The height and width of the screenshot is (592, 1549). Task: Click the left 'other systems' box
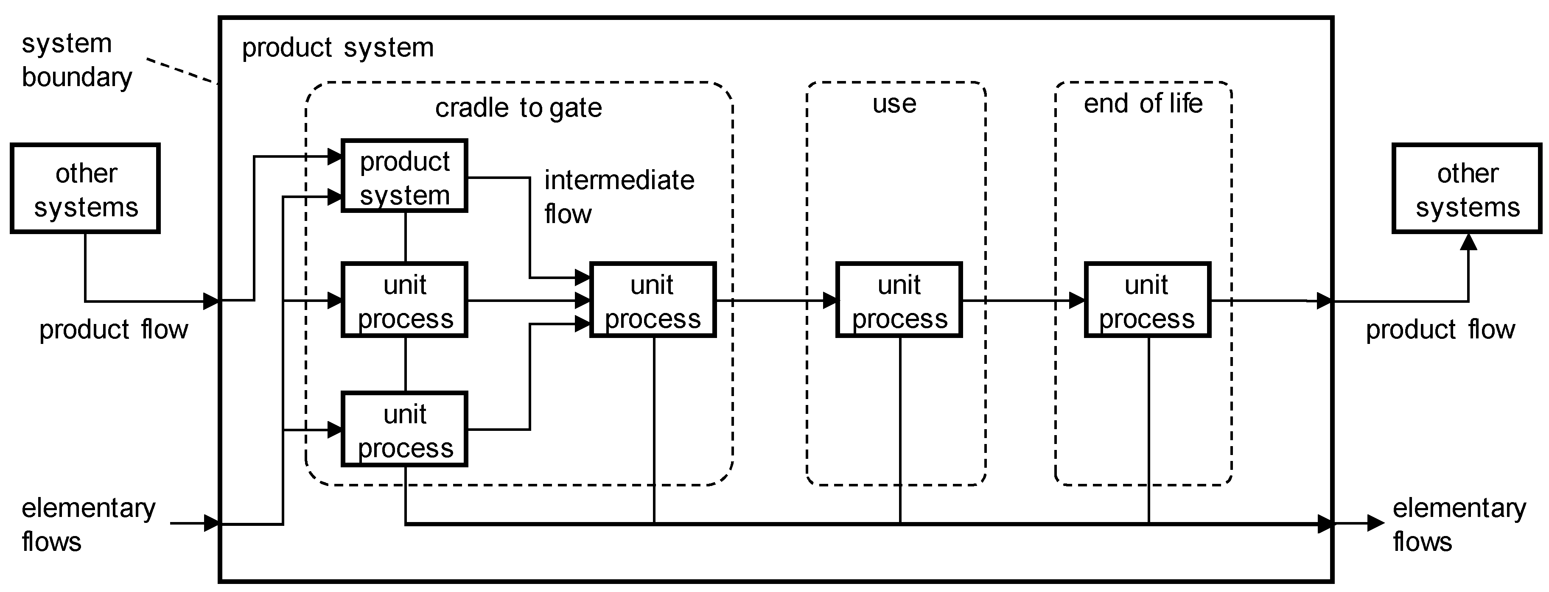[x=85, y=189]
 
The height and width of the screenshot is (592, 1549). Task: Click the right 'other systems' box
[x=1467, y=189]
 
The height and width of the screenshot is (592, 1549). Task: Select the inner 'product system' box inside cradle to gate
[x=404, y=176]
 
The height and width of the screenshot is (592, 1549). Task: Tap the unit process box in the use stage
[x=899, y=300]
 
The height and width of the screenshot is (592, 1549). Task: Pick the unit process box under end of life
[x=1147, y=300]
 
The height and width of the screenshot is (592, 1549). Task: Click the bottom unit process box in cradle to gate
[x=404, y=429]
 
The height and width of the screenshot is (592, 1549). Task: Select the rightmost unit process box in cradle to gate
[x=653, y=300]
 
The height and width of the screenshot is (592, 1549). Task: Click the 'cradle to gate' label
[x=518, y=108]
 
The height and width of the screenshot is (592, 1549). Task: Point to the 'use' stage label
[x=894, y=104]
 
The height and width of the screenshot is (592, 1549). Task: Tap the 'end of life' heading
[x=1143, y=104]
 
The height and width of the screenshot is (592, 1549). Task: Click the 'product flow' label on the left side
[x=114, y=330]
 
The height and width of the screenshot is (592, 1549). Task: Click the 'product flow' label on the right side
[x=1440, y=330]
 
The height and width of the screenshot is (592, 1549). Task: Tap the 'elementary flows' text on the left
[x=88, y=524]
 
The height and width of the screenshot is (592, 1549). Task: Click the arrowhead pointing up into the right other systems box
[x=1468, y=242]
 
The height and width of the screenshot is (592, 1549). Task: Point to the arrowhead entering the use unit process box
[x=830, y=301]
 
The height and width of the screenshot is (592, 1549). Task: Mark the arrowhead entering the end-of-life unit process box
[x=1078, y=301]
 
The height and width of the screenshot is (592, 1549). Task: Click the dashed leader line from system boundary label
[x=182, y=71]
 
